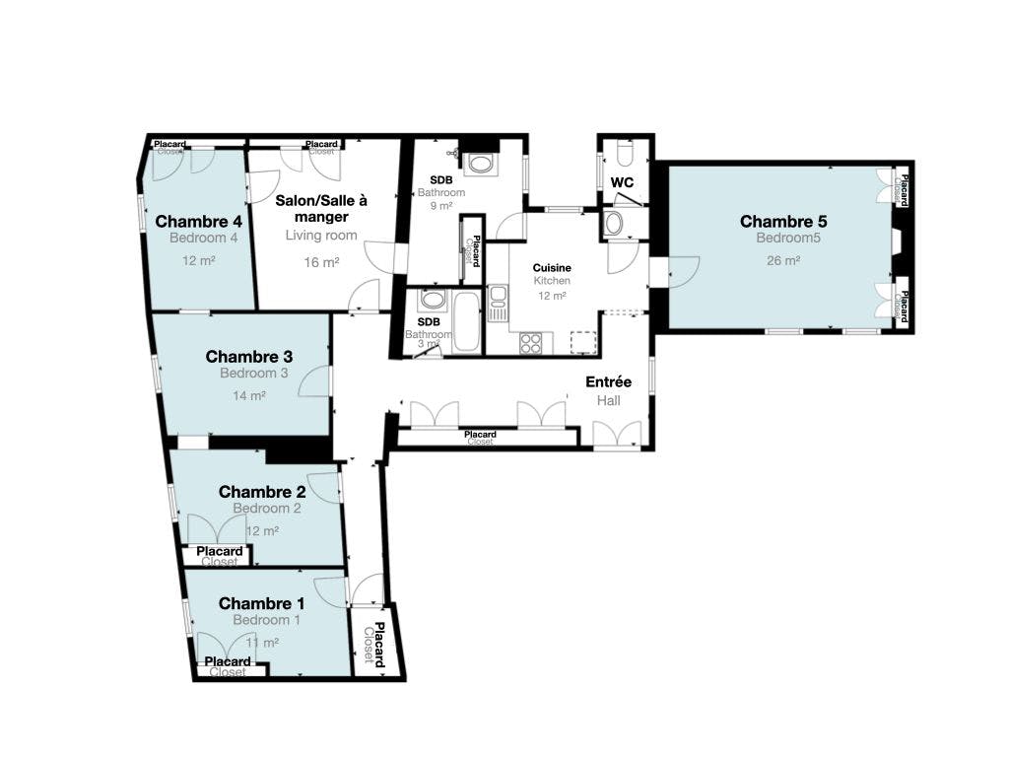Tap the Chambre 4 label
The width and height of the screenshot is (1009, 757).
coord(199,221)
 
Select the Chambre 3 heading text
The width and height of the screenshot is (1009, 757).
coord(249,356)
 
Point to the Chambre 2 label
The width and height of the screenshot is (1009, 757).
coord(262,492)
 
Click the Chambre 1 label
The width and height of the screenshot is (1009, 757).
coord(262,603)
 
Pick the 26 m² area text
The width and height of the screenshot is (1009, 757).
coord(783,261)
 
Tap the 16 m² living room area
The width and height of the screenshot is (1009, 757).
coord(322,262)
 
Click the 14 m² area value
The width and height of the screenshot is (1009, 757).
coord(249,395)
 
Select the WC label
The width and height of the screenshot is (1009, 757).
coord(622,182)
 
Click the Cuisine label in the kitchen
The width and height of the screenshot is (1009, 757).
coord(552,267)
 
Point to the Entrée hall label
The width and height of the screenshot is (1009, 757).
coord(608,381)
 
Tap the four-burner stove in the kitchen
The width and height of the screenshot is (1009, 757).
coord(531,343)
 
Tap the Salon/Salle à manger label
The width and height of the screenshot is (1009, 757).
coord(321,208)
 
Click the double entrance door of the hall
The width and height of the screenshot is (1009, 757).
coord(618,434)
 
